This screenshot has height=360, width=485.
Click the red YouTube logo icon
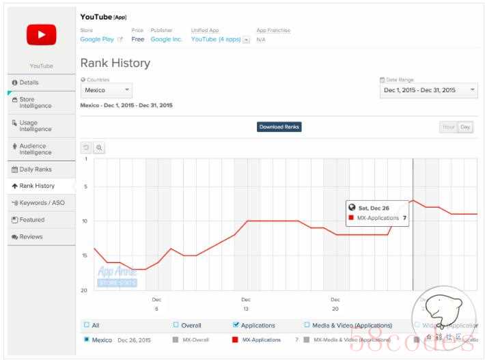pyautogui.click(x=41, y=34)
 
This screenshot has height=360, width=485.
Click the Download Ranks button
pyautogui.click(x=279, y=127)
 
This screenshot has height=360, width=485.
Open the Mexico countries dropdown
pyautogui.click(x=107, y=90)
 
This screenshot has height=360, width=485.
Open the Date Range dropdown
pyautogui.click(x=429, y=90)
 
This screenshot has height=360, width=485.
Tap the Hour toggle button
pyautogui.click(x=449, y=127)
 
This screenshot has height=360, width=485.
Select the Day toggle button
pyautogui.click(x=465, y=127)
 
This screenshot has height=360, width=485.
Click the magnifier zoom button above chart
pyautogui.click(x=99, y=148)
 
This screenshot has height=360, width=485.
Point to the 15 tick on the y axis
pyautogui.click(x=85, y=255)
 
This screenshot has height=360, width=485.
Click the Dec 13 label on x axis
pyautogui.click(x=246, y=303)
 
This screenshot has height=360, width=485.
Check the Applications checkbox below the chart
pyautogui.click(x=236, y=325)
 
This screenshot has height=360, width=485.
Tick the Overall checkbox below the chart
pyautogui.click(x=176, y=325)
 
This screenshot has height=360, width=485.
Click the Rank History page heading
pyautogui.click(x=115, y=64)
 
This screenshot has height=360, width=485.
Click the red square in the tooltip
pyautogui.click(x=351, y=218)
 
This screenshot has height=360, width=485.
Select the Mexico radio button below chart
pyautogui.click(x=86, y=339)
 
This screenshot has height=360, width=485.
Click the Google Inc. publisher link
pyautogui.click(x=167, y=39)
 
